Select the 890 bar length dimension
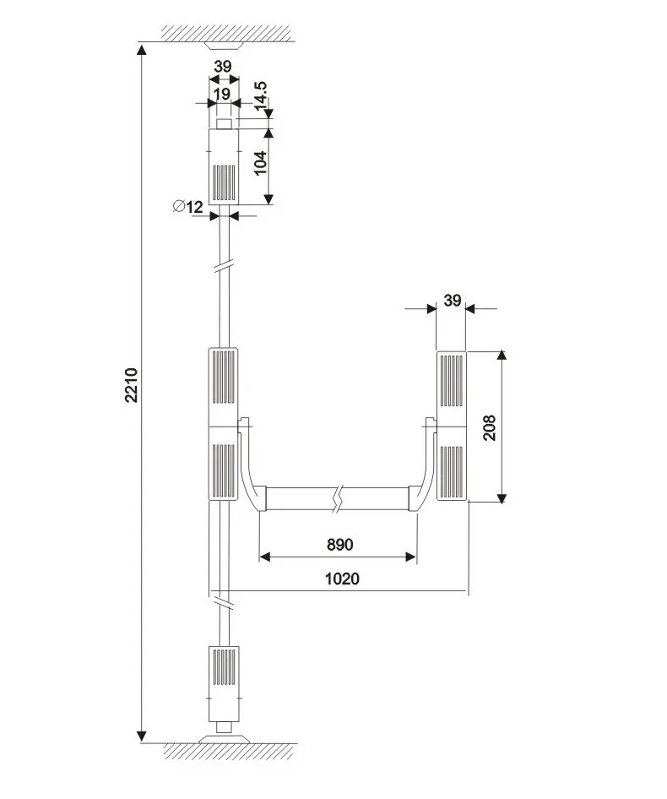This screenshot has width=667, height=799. coord(339,545)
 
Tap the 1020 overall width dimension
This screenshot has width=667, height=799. coord(342,579)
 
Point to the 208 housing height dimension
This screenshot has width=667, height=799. coord(491,427)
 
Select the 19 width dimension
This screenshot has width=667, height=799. coord(222,94)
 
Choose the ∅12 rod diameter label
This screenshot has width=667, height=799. coord(187,206)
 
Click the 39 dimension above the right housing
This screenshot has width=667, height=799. coord(452,300)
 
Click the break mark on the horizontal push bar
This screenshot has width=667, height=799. coord(339,497)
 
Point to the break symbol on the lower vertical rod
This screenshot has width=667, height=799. coord(224,603)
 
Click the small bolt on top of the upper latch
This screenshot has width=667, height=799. coord(224,124)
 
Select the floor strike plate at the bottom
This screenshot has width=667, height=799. coord(224,737)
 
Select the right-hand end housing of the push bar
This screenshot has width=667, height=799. coord(452,426)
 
